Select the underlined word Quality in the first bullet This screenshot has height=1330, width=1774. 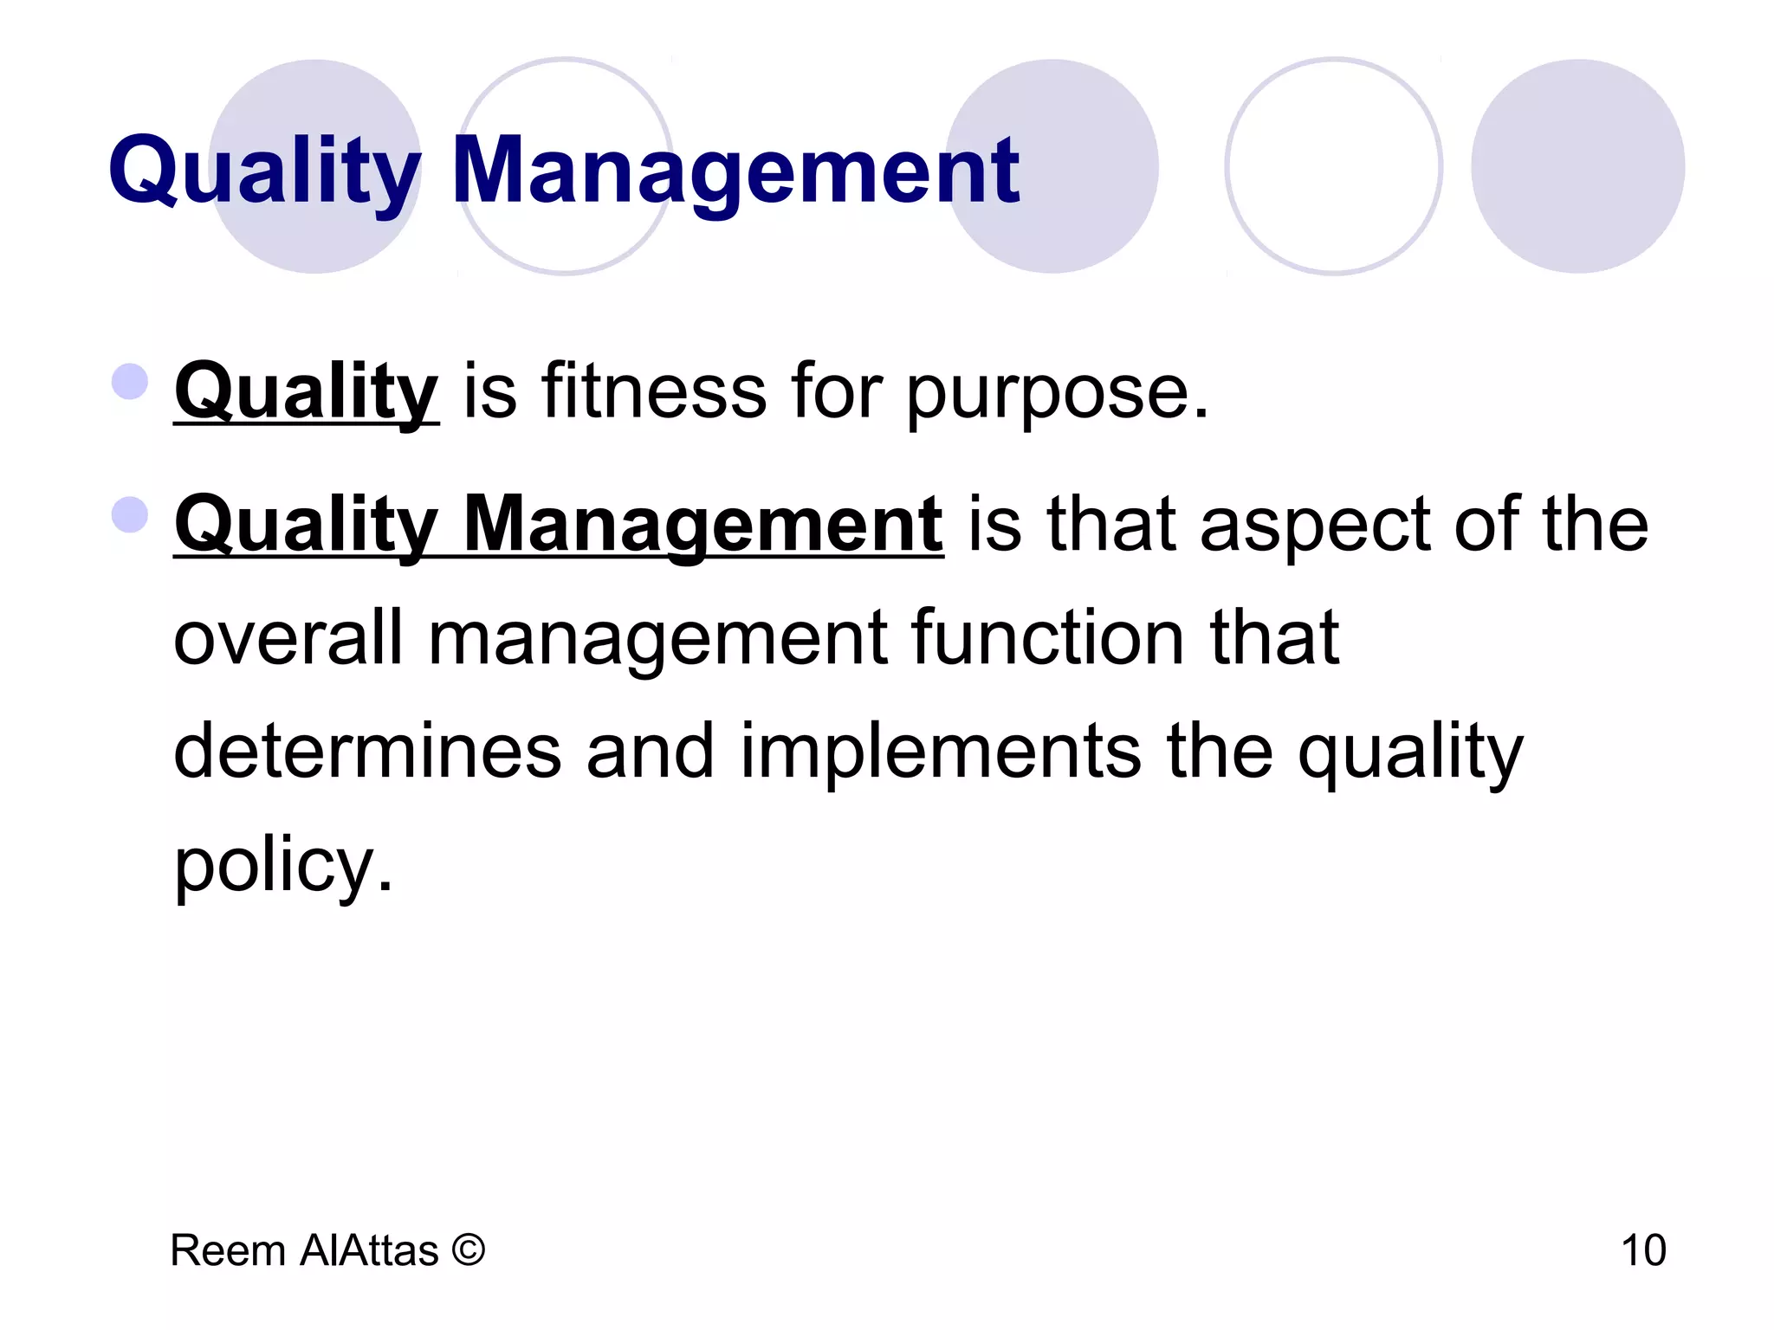pos(306,391)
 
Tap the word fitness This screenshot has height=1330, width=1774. pos(654,391)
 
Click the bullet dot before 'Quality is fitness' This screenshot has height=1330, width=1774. pos(130,382)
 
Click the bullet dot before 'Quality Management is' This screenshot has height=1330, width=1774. pos(130,514)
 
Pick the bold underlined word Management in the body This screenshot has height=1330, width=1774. pos(703,525)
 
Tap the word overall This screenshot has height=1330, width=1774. pos(288,638)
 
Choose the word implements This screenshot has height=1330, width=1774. pos(941,752)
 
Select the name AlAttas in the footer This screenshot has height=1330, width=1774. pos(369,1250)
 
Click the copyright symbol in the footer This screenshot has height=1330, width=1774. pos(468,1250)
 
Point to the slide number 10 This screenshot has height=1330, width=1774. pos(1642,1250)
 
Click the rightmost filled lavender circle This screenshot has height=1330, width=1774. pos(1577,166)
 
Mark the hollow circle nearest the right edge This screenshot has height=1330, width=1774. pos(1333,166)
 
